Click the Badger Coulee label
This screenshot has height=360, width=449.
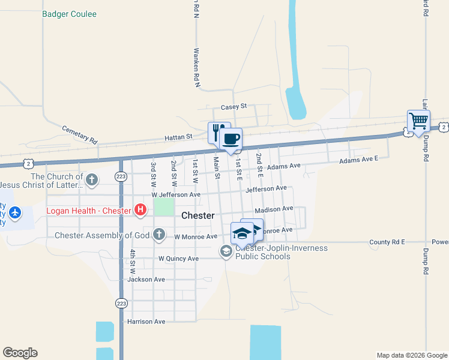pyautogui.click(x=70, y=14)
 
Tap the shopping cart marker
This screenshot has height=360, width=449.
pyautogui.click(x=418, y=121)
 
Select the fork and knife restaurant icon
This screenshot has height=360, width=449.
pyautogui.click(x=218, y=133)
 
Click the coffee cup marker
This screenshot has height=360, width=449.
pyautogui.click(x=231, y=139)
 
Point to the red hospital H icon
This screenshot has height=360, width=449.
pyautogui.click(x=140, y=210)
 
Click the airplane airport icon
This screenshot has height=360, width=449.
pyautogui.click(x=15, y=212)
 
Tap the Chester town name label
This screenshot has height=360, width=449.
pyautogui.click(x=197, y=215)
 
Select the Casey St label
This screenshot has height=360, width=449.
pyautogui.click(x=234, y=106)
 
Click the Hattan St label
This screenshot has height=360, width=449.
pyautogui.click(x=178, y=137)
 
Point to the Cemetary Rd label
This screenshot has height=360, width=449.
pyautogui.click(x=79, y=134)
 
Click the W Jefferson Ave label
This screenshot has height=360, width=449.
pyautogui.click(x=175, y=195)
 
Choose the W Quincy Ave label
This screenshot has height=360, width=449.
pyautogui.click(x=178, y=259)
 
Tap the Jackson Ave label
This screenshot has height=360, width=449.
pyautogui.click(x=146, y=280)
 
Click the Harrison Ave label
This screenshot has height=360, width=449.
pyautogui.click(x=146, y=322)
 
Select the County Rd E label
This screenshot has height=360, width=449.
pyautogui.click(x=387, y=242)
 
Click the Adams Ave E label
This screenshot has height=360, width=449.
pyautogui.click(x=359, y=160)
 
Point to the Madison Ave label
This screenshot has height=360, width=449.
pyautogui.click(x=274, y=209)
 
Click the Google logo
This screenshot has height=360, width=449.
pyautogui.click(x=20, y=353)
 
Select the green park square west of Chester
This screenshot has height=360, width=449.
pyautogui.click(x=164, y=208)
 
